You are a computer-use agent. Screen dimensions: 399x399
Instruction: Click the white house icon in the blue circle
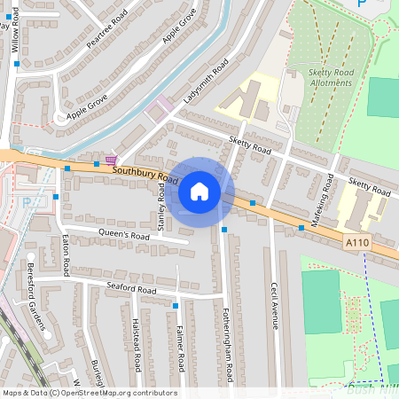199,192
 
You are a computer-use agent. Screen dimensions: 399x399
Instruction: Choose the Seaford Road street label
131,289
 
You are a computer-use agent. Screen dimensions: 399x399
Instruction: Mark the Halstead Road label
137,345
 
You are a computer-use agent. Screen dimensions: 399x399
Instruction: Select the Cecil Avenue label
276,305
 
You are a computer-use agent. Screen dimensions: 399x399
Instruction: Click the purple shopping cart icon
111,160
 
